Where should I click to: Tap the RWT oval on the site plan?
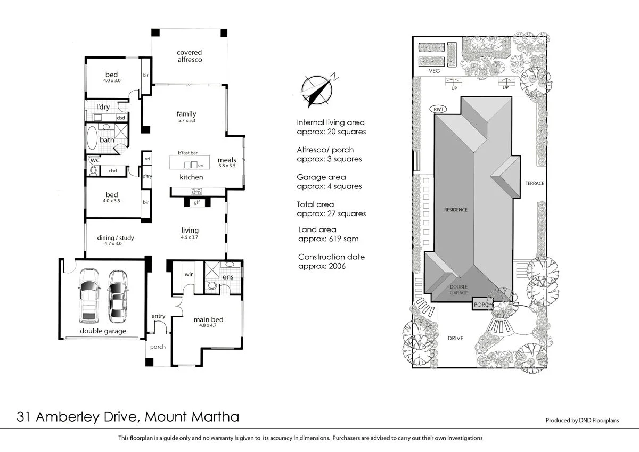pyautogui.click(x=439, y=110)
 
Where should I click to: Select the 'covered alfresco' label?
pyautogui.click(x=190, y=56)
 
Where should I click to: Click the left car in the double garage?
pyautogui.click(x=89, y=295)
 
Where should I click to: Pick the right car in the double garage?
pyautogui.click(x=118, y=297)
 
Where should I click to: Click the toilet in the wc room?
pyautogui.click(x=94, y=170)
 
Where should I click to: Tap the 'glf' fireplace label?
pyautogui.click(x=196, y=202)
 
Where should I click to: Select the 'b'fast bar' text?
pyautogui.click(x=187, y=153)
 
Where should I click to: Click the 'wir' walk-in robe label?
pyautogui.click(x=188, y=275)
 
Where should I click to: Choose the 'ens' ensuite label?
pyautogui.click(x=227, y=277)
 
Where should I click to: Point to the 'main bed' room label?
pyautogui.click(x=208, y=319)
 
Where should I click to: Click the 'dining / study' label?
pyautogui.click(x=116, y=238)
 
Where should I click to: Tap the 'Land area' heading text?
pyautogui.click(x=317, y=230)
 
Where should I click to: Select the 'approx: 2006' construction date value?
pyautogui.click(x=322, y=266)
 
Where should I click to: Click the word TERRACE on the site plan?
pyautogui.click(x=535, y=183)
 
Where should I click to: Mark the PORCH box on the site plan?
pyautogui.click(x=483, y=305)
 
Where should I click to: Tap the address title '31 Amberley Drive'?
pyautogui.click(x=79, y=416)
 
